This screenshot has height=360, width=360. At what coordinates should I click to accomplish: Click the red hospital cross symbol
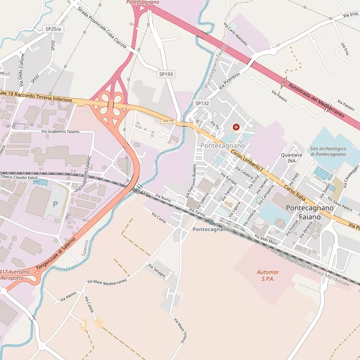tap(236, 127)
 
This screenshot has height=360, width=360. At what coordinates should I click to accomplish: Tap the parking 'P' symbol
tap(55, 204)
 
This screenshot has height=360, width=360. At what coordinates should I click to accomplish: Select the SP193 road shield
tap(166, 74)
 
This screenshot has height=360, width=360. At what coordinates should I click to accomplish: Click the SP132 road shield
tap(202, 103)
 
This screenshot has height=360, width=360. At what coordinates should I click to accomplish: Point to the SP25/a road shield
tap(53, 29)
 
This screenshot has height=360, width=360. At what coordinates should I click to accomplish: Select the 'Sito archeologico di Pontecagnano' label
tap(328, 151)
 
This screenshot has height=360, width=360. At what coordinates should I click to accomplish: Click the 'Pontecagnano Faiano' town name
tap(309, 212)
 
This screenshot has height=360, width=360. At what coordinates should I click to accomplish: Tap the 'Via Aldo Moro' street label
tap(266, 240)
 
